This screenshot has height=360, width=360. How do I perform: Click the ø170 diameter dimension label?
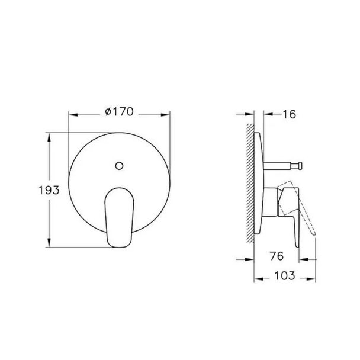pos(119,112)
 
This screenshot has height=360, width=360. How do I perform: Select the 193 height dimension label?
pos(49,190)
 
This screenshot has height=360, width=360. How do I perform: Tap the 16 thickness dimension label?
pos(290,114)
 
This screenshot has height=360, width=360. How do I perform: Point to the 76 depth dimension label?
pos(277,256)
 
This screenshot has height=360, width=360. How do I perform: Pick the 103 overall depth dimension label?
pos(285,275)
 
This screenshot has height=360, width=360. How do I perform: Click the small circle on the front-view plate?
pos(119,166)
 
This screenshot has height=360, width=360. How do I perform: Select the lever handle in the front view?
pos(119,217)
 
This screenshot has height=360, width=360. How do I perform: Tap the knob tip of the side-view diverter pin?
pos(300,166)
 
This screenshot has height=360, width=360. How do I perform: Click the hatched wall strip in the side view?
pos(250,183)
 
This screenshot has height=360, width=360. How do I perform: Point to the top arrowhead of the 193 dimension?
pos(49,138)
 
